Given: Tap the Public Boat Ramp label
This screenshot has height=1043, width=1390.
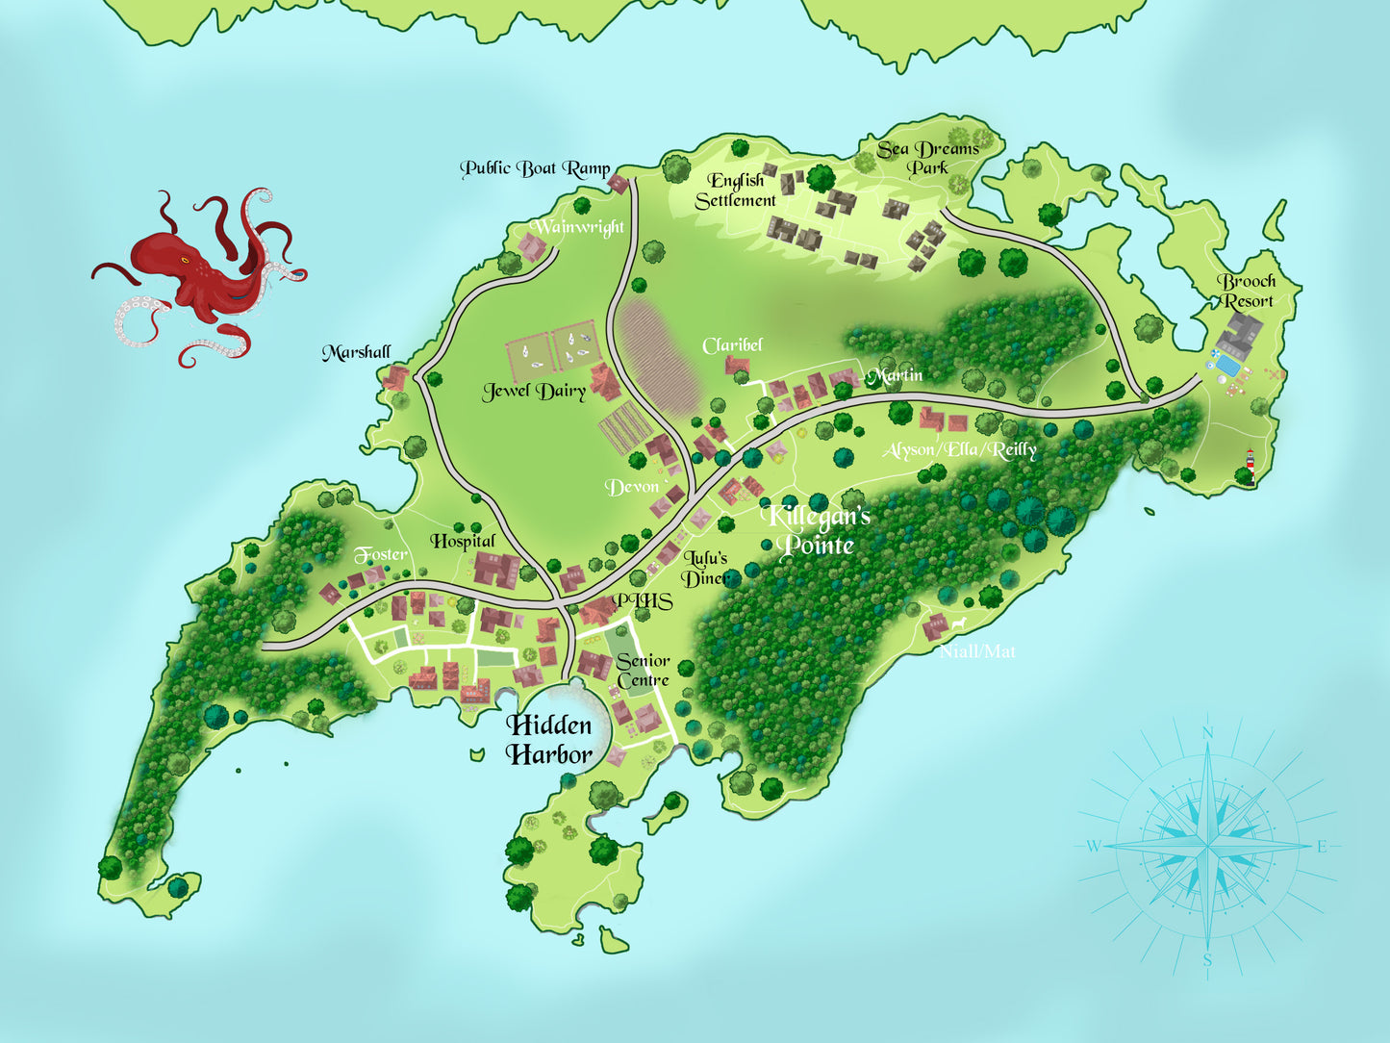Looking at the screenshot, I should (535, 169).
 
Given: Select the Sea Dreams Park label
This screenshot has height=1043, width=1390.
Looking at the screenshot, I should (927, 158).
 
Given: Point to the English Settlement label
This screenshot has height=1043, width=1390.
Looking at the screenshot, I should (736, 191).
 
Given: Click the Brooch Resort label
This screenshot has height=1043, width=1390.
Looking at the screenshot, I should (1248, 291).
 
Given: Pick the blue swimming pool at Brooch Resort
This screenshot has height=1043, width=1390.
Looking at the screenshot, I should (1226, 366).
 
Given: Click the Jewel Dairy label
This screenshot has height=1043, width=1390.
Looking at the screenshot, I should (534, 391).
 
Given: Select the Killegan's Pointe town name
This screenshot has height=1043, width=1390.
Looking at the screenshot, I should (817, 530).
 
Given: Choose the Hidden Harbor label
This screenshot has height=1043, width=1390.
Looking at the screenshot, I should (549, 739).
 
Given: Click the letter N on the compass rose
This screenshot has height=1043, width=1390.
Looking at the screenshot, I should (1208, 733).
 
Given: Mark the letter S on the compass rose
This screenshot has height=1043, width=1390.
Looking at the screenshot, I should (1207, 959).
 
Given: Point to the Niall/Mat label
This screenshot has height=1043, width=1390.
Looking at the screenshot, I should (977, 651).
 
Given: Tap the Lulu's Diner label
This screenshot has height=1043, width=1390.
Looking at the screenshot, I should (707, 568).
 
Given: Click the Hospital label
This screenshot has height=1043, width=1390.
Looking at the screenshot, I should (463, 541).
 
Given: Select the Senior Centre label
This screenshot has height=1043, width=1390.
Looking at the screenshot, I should (643, 670).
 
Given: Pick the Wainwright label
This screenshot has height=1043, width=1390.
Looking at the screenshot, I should (579, 227).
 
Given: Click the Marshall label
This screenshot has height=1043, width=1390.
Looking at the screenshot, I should (356, 352).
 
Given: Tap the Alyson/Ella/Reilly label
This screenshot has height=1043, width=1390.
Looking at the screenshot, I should (959, 449).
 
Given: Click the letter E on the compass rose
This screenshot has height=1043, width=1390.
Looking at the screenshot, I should (1322, 847).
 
